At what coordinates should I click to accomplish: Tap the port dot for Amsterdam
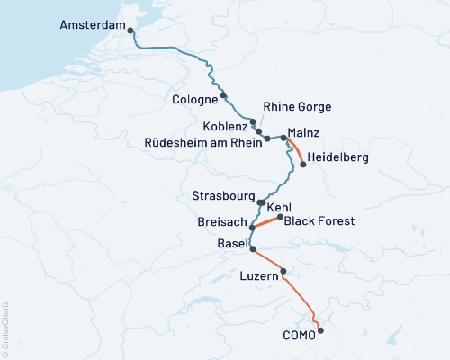pyautogui.click(x=131, y=31)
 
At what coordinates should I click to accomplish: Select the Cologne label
pyautogui.click(x=194, y=99)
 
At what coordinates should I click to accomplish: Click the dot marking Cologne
pyautogui.click(x=223, y=95)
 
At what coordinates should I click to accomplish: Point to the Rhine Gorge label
pyautogui.click(x=297, y=107)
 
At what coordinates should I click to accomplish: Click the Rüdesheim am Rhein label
pyautogui.click(x=204, y=142)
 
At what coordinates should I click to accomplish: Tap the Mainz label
pyautogui.click(x=304, y=132)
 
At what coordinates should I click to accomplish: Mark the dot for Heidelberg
pyautogui.click(x=302, y=165)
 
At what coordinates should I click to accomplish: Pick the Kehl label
pyautogui.click(x=279, y=207)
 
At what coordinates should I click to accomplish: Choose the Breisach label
pyautogui.click(x=220, y=221)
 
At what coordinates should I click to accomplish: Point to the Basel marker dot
pyautogui.click(x=252, y=249)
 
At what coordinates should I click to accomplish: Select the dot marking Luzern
pyautogui.click(x=283, y=271)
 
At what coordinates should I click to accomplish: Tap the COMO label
pyautogui.click(x=300, y=335)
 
